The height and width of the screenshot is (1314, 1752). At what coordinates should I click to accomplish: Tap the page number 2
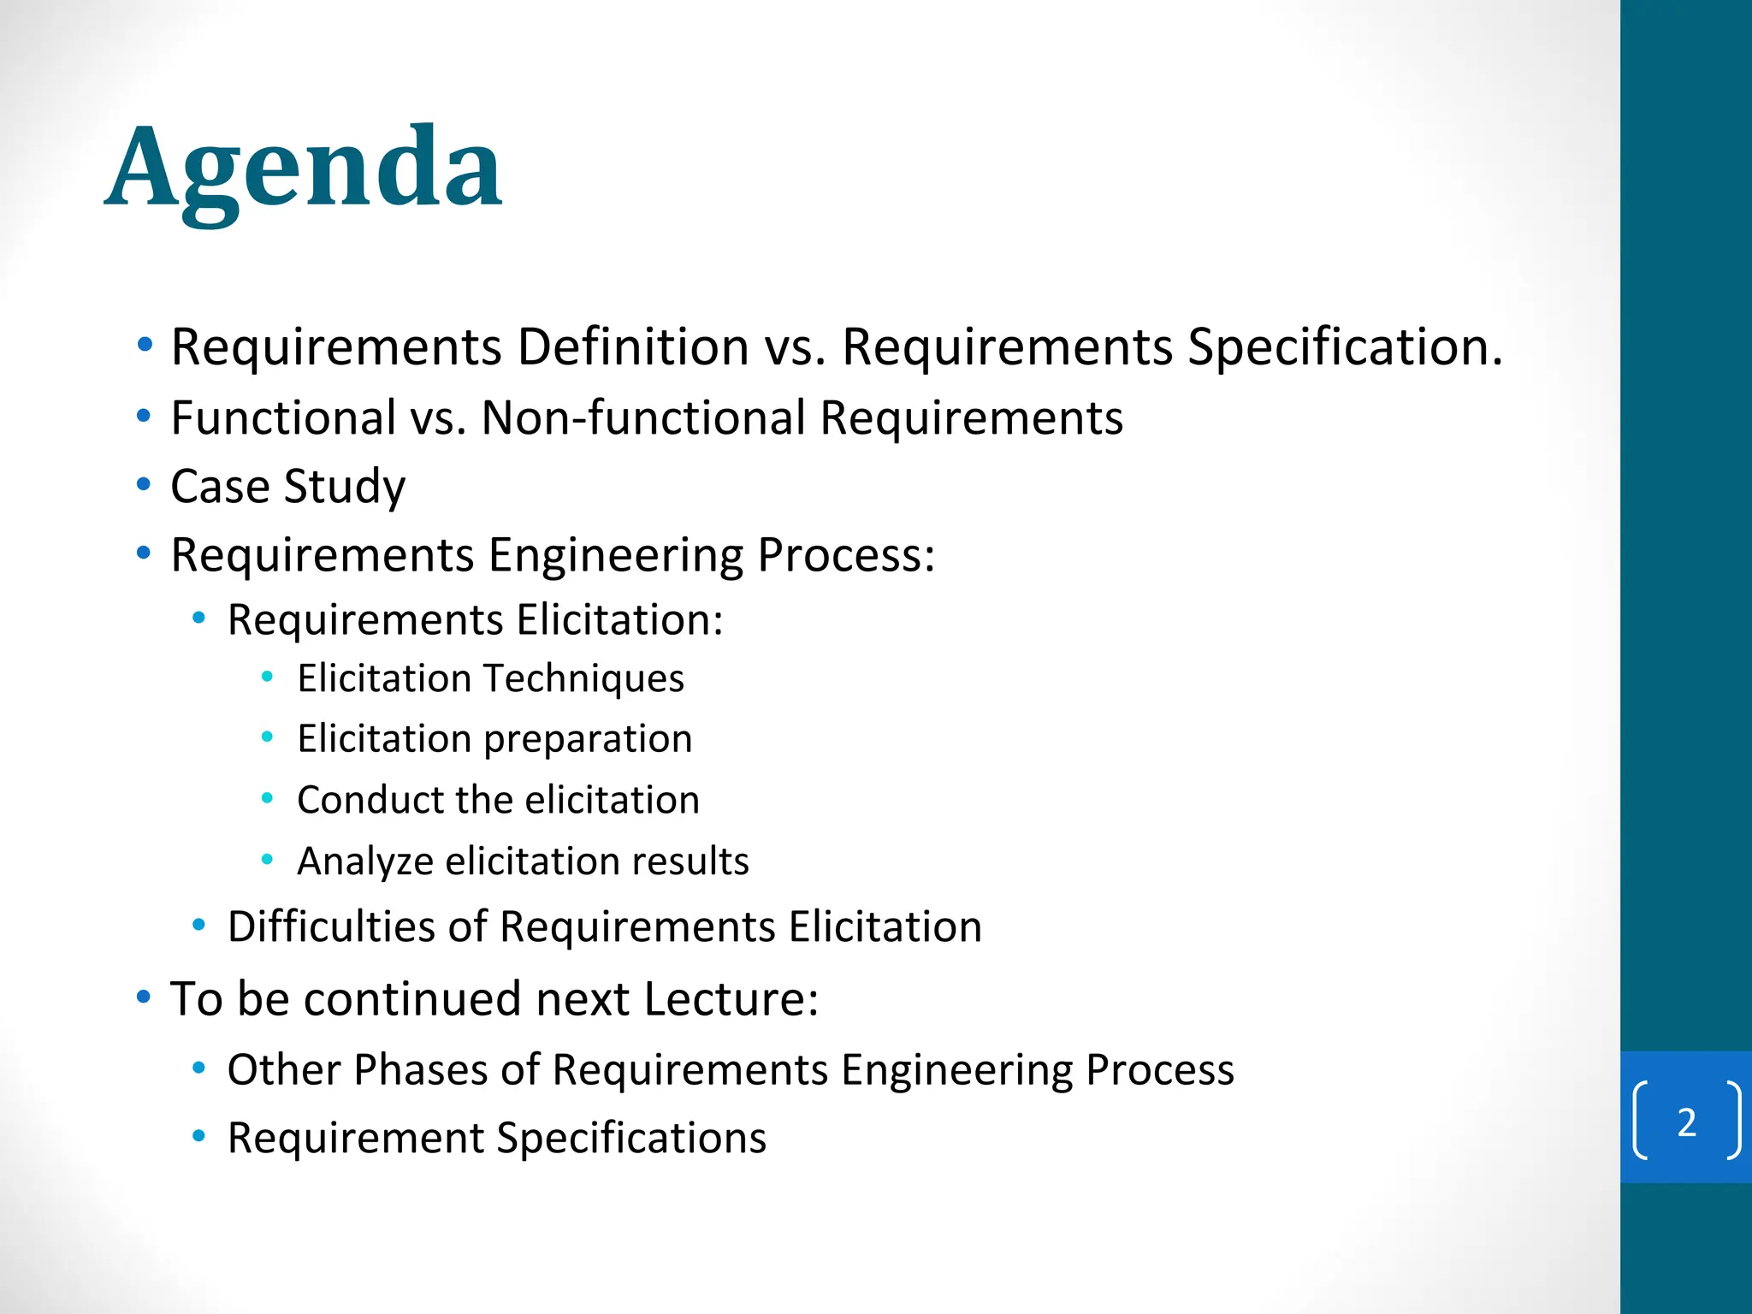pyautogui.click(x=1686, y=1122)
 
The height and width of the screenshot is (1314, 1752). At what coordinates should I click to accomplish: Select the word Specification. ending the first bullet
pyautogui.click(x=1345, y=346)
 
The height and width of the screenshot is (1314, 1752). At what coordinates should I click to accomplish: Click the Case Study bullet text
pyautogui.click(x=287, y=486)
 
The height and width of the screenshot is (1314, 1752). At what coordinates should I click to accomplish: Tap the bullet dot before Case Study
pyautogui.click(x=144, y=484)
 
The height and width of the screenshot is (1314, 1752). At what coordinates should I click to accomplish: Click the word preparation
pyautogui.click(x=589, y=739)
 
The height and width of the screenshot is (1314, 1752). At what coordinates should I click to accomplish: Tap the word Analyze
pyautogui.click(x=364, y=861)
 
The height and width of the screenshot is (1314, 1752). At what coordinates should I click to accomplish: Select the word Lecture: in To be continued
pyautogui.click(x=731, y=998)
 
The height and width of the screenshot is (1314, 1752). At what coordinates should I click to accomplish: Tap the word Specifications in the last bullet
pyautogui.click(x=630, y=1138)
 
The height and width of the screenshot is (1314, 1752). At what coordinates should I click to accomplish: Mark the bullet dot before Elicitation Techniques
pyautogui.click(x=267, y=678)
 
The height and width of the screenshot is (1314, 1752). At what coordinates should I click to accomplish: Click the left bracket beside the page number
pyautogui.click(x=1639, y=1121)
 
